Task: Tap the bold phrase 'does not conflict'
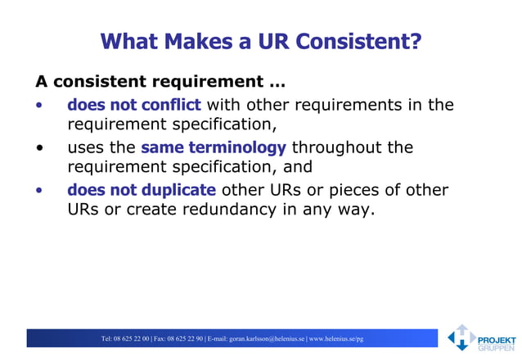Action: (133, 105)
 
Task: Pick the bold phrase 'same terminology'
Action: (213, 147)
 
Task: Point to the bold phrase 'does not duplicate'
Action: (141, 190)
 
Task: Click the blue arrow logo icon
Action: (461, 337)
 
